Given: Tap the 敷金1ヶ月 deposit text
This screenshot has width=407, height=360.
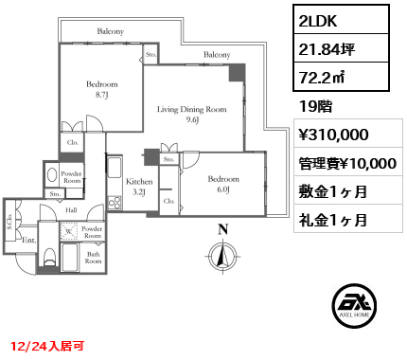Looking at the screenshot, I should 332,191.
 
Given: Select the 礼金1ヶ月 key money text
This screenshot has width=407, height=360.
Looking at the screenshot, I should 332,220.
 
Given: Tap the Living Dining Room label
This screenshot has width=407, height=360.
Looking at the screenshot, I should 192,115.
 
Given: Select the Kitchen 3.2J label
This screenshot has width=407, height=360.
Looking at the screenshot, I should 139,186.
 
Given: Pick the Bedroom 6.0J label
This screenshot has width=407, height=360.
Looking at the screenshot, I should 223,184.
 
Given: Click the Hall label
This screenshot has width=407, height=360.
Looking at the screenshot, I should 72,209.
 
